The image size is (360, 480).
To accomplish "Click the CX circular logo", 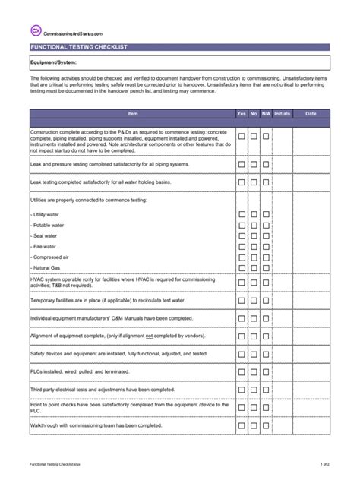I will (x=36, y=30).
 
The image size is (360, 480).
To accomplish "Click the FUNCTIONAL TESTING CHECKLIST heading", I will (x=78, y=47).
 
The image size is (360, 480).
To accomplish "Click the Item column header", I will (x=132, y=113).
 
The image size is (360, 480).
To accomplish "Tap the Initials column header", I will (x=282, y=113).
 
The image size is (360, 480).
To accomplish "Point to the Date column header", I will (x=311, y=113).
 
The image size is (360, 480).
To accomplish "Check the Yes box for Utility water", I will (x=242, y=215).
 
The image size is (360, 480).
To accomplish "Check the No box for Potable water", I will (x=254, y=226).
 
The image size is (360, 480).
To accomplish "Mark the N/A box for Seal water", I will (x=266, y=236).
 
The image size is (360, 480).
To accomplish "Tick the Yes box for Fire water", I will (x=242, y=247).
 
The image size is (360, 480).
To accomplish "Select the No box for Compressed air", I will (x=254, y=257).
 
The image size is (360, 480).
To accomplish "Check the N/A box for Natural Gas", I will (x=266, y=268).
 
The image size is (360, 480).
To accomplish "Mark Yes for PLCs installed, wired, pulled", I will (x=242, y=372).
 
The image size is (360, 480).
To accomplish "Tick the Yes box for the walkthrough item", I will (x=242, y=425).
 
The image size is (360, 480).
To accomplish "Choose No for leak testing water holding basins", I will (x=254, y=182).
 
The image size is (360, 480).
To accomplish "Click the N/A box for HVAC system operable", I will (x=266, y=283).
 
